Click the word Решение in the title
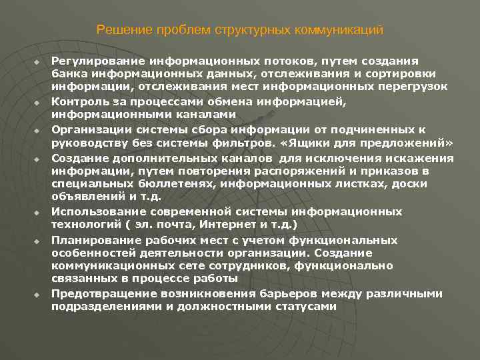117,30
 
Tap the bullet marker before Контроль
37,104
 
